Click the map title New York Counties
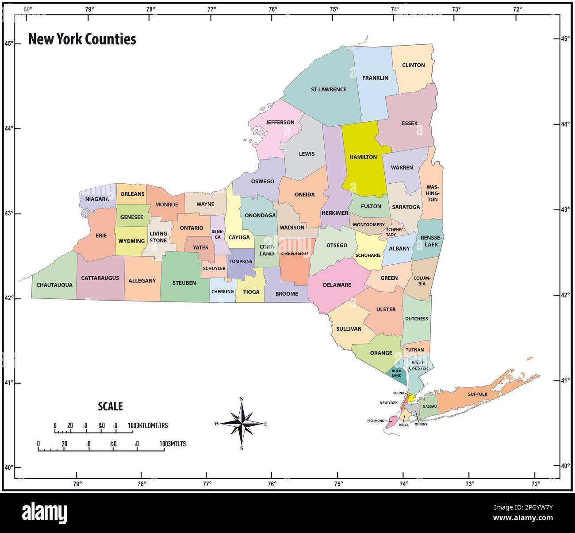(x=82, y=39)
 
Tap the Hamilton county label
(x=363, y=157)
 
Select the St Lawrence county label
(x=328, y=89)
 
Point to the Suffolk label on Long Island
(x=477, y=394)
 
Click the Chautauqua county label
(x=54, y=285)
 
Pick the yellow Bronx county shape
(x=411, y=398)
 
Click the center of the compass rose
(x=241, y=423)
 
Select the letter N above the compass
(x=241, y=400)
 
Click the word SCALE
(x=110, y=406)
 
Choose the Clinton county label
(x=413, y=65)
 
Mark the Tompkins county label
(x=241, y=261)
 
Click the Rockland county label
(x=397, y=373)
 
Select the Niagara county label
(x=97, y=199)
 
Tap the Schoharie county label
(x=368, y=255)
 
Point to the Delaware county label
(x=337, y=285)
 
